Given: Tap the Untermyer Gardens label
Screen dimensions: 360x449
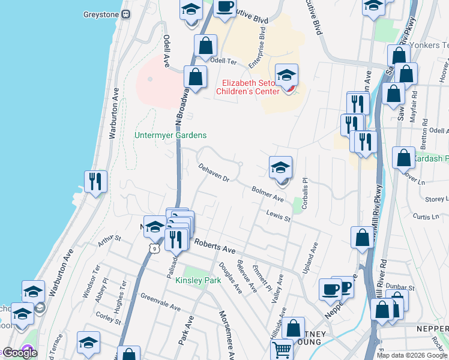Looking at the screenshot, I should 170,136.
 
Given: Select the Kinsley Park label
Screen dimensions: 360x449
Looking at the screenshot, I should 198,280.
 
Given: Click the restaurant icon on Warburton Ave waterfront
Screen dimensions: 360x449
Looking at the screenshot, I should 95,181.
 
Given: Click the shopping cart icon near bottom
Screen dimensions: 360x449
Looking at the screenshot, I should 282,350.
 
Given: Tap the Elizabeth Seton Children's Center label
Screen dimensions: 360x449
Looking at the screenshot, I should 250,88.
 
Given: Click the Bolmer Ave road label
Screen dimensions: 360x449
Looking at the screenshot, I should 268,193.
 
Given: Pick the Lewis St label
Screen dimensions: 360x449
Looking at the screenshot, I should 279,216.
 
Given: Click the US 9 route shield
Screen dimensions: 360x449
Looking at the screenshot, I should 155,247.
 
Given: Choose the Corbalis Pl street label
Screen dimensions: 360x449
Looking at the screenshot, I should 305,188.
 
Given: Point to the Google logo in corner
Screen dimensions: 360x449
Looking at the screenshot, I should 20,353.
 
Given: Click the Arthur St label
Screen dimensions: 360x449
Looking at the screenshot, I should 109,241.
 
